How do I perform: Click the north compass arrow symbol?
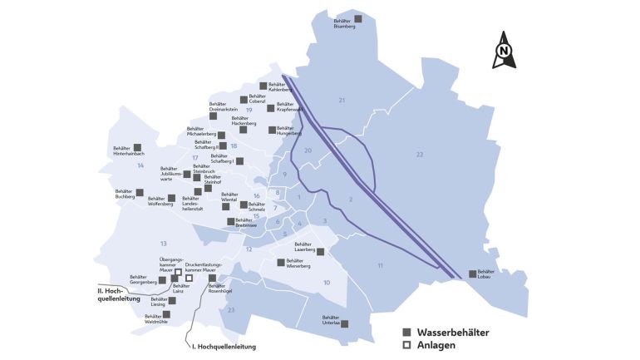[x=504, y=50]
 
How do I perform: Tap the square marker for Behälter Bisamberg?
[x=358, y=18]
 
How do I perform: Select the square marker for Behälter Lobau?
[x=472, y=273]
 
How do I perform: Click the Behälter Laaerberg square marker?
[x=321, y=251]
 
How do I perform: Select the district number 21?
[x=341, y=100]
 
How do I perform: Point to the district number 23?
[x=232, y=309]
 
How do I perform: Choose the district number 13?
[x=164, y=243]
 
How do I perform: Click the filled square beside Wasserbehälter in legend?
[x=406, y=332]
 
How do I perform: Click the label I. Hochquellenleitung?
[x=224, y=346]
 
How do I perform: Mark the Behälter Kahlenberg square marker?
[x=263, y=85]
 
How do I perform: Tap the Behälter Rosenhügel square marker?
[x=212, y=279]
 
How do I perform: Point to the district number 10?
[x=327, y=283]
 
